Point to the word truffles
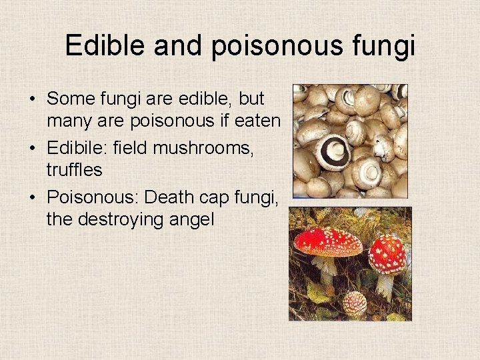pos(74,170)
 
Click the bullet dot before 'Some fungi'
pos(32,99)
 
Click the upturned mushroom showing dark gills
pos(332,152)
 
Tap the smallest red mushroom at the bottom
pos(354,304)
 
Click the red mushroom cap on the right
pos(387,254)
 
